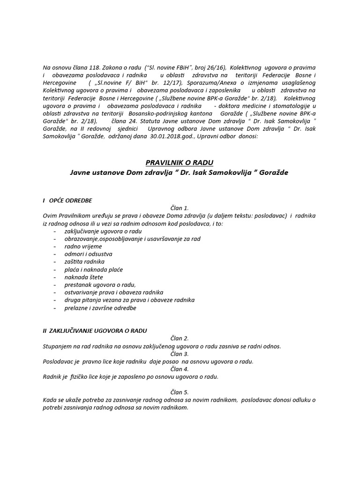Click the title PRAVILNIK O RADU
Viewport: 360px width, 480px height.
[179, 163]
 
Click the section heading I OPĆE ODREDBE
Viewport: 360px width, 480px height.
[67, 200]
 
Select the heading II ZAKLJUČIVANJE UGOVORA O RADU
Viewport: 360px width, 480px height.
[95, 330]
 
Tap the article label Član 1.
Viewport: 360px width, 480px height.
[180, 208]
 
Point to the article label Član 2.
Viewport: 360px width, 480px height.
[180, 338]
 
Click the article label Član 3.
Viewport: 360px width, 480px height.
[180, 354]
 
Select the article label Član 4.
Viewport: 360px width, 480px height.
[180, 369]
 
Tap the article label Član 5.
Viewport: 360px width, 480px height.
[180, 392]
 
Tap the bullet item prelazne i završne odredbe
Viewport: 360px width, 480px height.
[101, 308]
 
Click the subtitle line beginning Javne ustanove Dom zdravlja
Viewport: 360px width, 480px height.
[179, 172]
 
